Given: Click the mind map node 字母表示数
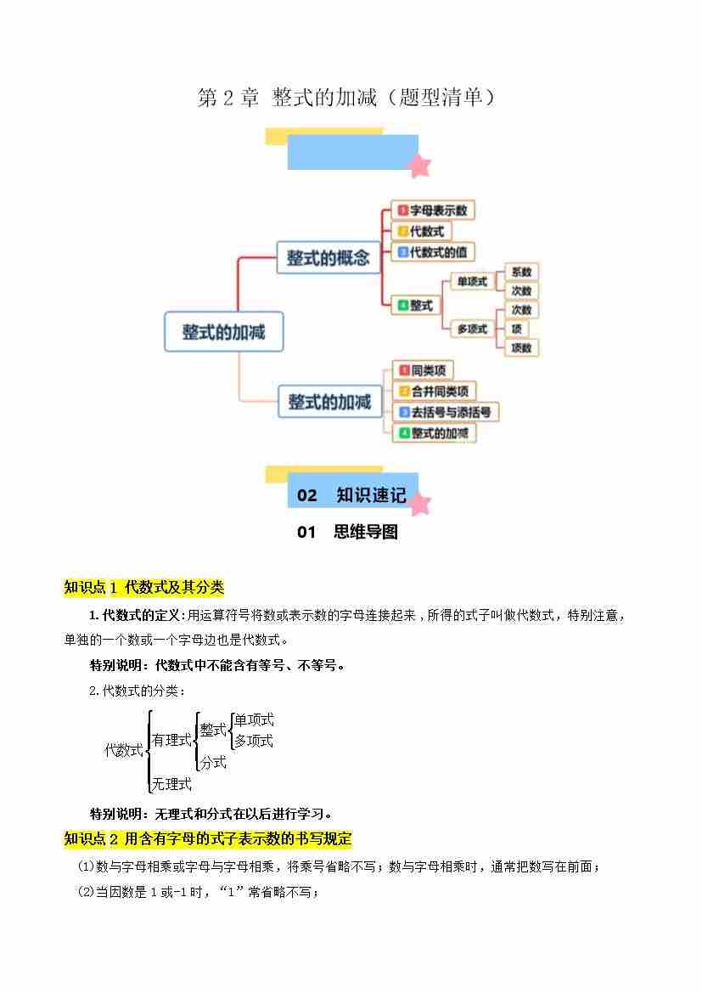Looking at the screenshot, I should [x=432, y=211].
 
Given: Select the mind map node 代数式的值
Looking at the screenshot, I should [x=432, y=252].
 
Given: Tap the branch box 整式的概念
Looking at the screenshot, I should [x=329, y=257].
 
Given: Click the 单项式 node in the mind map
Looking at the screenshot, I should [x=472, y=282].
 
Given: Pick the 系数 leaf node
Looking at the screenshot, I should [x=521, y=272].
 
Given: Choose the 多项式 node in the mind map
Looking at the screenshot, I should [x=472, y=329].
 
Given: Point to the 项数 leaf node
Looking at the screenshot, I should [x=521, y=347].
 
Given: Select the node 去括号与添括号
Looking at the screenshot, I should [x=445, y=412].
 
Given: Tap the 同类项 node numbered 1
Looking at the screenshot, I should [x=423, y=370].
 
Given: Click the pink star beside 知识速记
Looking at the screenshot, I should [x=418, y=504].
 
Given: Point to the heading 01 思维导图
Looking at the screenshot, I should [x=347, y=533].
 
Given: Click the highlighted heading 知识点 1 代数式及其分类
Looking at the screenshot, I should [x=143, y=587].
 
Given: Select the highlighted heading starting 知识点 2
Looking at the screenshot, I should [x=208, y=838].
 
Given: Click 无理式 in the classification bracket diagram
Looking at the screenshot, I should [x=171, y=784].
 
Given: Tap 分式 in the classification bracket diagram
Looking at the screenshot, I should [x=213, y=762].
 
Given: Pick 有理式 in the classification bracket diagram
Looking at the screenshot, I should [x=171, y=740].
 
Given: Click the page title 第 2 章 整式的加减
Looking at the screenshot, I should [x=345, y=98].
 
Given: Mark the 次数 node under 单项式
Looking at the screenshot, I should [x=521, y=291].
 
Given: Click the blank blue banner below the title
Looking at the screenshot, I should [x=352, y=153].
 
